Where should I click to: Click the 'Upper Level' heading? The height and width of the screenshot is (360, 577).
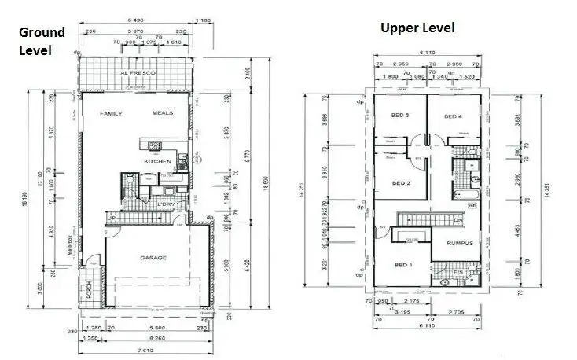(x=417, y=28)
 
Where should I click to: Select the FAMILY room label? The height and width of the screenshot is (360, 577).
(x=113, y=114)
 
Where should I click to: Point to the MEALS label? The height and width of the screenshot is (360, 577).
(x=164, y=114)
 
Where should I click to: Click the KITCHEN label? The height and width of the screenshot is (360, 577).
(x=157, y=162)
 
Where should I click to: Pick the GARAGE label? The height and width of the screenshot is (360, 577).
(x=153, y=258)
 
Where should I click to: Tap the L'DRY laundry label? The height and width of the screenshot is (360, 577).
(x=167, y=206)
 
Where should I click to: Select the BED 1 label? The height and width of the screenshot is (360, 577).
(x=402, y=264)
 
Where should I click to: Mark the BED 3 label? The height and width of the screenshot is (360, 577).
(x=400, y=116)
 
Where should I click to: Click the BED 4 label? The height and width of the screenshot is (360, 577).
(x=452, y=117)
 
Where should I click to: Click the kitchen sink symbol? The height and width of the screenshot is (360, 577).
(x=153, y=144)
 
